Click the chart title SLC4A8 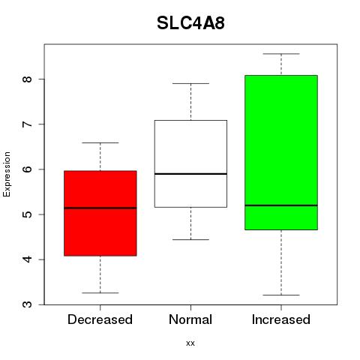190,23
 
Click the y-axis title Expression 7,174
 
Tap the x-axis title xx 190,343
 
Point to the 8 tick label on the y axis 28,79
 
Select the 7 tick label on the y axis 28,124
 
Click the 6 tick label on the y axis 28,169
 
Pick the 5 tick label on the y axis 28,214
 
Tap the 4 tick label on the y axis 28,259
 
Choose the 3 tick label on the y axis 28,304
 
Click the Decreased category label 100,319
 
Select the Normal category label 190,319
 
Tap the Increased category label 281,319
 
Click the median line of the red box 100,208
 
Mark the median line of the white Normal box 190,174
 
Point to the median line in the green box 281,205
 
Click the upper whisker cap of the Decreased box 100,142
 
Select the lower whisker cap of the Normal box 190,239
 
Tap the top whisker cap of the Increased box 281,54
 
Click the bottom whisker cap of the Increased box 281,295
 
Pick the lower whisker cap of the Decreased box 100,292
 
